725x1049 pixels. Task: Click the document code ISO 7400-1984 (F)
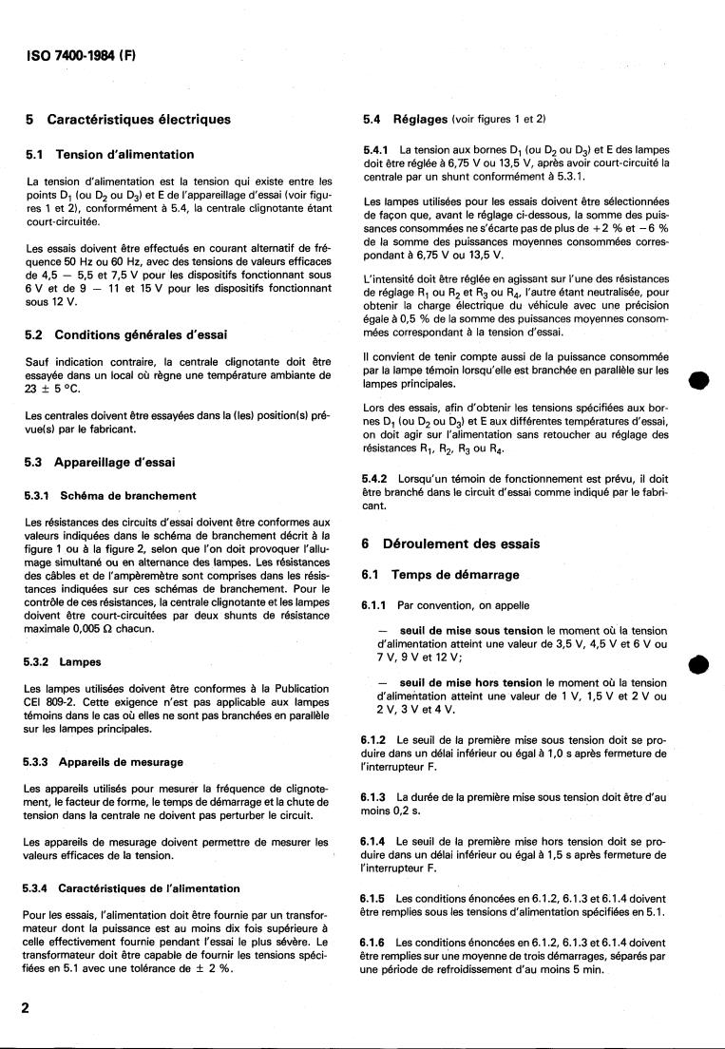coord(81,54)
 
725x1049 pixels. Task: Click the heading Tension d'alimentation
coord(124,154)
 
